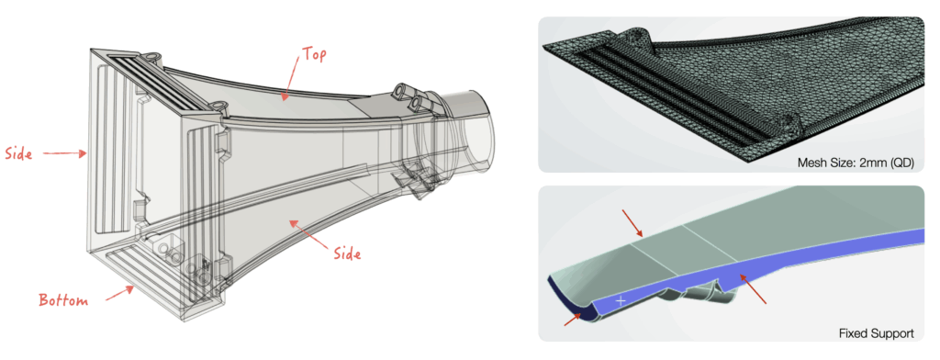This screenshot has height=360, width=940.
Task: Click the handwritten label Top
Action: tap(314, 54)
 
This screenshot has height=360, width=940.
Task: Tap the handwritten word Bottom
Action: tap(63, 300)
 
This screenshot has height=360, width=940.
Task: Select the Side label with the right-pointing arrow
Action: tap(18, 153)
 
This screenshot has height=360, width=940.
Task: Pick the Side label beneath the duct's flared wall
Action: tap(347, 253)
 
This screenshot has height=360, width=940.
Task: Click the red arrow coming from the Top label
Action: tap(291, 79)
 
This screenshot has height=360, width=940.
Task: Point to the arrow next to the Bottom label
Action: tap(120, 293)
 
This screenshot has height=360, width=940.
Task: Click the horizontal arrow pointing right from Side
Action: tap(64, 153)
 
